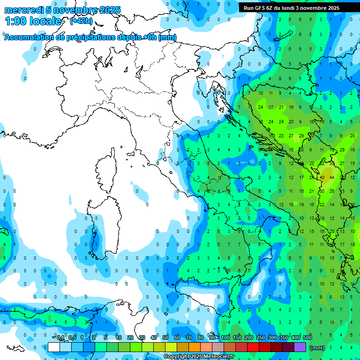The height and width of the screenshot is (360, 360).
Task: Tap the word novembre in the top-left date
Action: pyautogui.click(x=71, y=10)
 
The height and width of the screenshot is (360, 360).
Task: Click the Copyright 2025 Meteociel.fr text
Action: pyautogui.click(x=199, y=357)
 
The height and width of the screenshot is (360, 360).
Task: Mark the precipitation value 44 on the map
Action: pyautogui.click(x=332, y=178)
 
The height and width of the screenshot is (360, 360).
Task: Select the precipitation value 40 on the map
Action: pyautogui.click(x=322, y=178)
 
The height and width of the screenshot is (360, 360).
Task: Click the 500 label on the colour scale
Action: pyautogui.click(x=307, y=337)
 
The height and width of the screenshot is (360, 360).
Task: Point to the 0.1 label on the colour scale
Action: pyautogui.click(x=60, y=337)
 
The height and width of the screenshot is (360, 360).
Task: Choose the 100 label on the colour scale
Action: pyautogui.click(x=225, y=337)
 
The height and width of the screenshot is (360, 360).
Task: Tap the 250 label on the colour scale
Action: pyautogui.click(x=261, y=337)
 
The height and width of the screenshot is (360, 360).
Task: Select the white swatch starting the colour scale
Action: pyautogui.click(x=54, y=347)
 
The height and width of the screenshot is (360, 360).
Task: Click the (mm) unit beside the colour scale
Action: pyautogui.click(x=317, y=347)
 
